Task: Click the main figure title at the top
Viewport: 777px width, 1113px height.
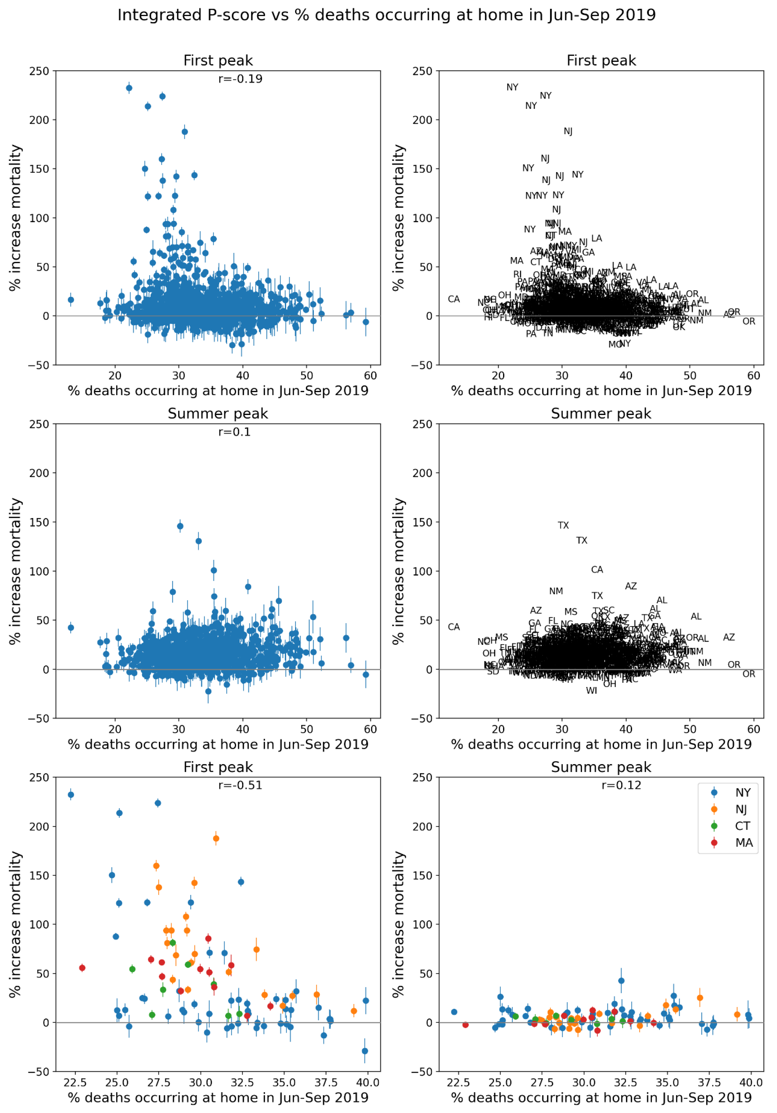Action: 386,15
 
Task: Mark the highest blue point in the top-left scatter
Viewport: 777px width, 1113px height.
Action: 129,88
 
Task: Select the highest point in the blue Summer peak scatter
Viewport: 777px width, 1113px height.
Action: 180,526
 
